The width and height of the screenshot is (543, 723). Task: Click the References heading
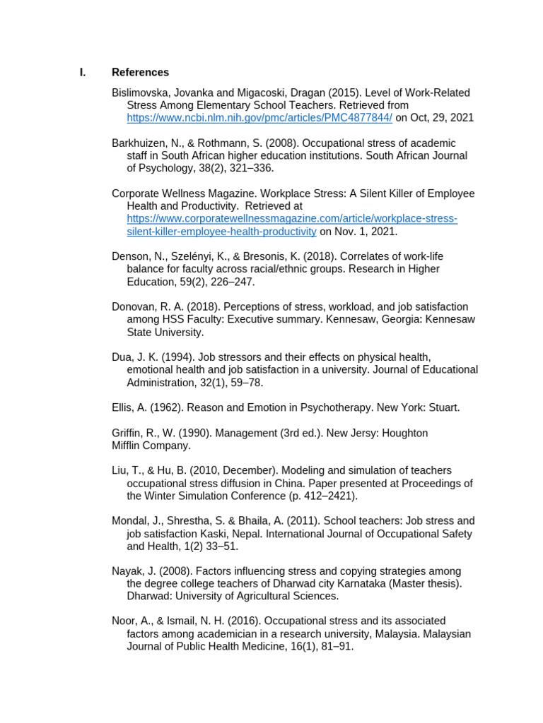tap(140, 72)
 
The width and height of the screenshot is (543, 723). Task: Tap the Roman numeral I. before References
tap(82, 72)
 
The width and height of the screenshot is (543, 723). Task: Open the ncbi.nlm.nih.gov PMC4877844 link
tap(259, 118)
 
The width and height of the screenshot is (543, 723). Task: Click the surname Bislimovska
tap(141, 92)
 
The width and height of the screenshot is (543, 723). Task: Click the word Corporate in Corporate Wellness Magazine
tap(135, 193)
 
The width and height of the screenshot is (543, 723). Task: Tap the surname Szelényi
tap(182, 256)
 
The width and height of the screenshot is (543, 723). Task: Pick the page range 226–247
tap(232, 282)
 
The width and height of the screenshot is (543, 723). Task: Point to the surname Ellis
tap(124, 407)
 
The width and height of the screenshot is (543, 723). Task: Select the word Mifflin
tap(128, 446)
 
